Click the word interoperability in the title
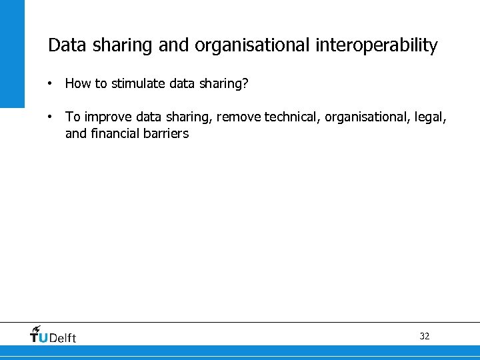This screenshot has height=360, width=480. (x=377, y=45)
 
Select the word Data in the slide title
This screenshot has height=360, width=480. (x=63, y=45)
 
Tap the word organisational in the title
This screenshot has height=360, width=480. (x=252, y=45)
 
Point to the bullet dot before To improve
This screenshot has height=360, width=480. (x=50, y=117)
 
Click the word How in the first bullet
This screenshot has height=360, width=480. (x=77, y=85)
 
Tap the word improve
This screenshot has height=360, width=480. (x=108, y=117)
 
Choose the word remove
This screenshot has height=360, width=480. (x=239, y=117)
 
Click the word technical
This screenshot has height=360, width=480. (x=292, y=117)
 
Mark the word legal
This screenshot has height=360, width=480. (x=431, y=117)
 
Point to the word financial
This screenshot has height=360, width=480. (x=115, y=133)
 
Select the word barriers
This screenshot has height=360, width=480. (x=166, y=133)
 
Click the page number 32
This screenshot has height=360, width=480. (x=425, y=336)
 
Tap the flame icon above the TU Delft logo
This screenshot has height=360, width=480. (x=36, y=329)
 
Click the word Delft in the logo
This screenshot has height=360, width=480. (x=63, y=338)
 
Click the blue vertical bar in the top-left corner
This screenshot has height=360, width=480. (x=12, y=53)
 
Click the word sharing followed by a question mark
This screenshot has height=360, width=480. (x=226, y=85)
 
